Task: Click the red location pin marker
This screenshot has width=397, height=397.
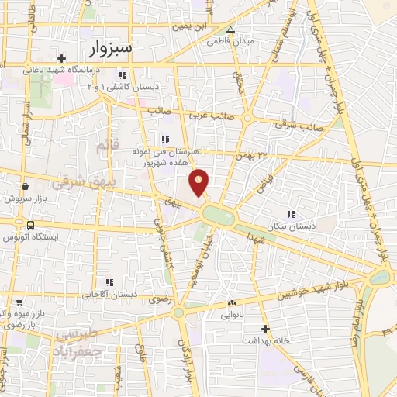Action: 199,181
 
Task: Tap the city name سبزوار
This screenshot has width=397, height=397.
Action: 110,48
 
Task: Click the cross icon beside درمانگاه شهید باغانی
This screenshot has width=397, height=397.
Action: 61,58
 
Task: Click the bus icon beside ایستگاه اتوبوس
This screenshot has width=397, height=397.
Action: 29,225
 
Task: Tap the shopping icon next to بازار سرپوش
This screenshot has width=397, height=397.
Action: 26,186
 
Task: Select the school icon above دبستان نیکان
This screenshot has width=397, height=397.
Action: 291,214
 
